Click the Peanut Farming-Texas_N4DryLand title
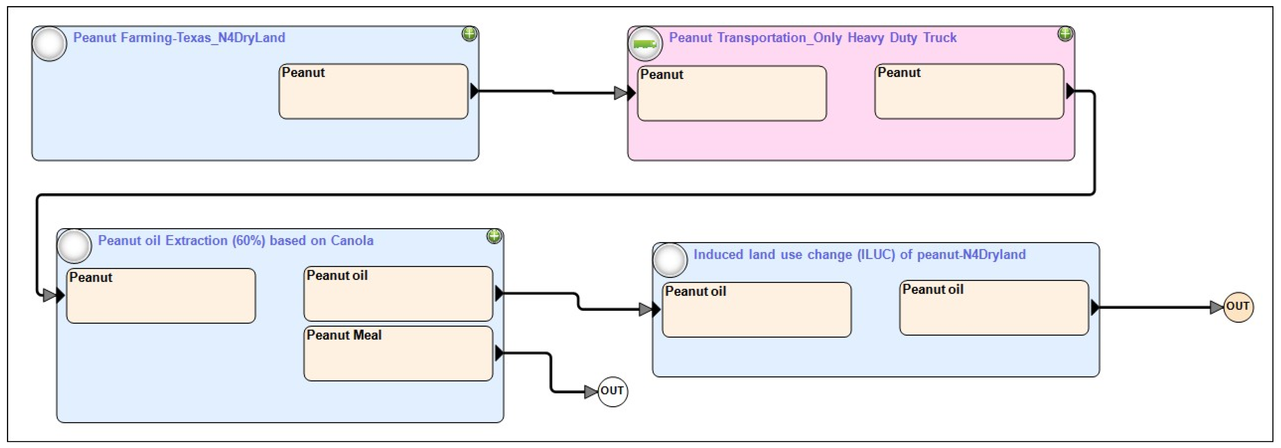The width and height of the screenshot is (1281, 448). [179, 38]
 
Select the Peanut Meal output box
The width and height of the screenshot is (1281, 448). [398, 354]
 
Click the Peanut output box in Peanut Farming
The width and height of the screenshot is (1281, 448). [374, 91]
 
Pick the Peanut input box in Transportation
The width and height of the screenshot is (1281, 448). [732, 93]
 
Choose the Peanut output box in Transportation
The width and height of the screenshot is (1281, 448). [969, 91]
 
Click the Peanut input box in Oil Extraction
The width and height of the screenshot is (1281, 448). [161, 296]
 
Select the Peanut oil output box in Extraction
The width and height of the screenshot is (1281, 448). [398, 294]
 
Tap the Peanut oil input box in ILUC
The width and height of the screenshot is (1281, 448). [757, 310]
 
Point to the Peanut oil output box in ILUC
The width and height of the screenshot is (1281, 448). [994, 308]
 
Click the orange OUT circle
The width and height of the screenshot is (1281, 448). [1238, 307]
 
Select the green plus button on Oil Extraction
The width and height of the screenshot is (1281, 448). [494, 236]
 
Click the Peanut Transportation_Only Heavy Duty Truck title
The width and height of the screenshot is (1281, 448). [812, 38]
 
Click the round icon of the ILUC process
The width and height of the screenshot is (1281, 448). [670, 260]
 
